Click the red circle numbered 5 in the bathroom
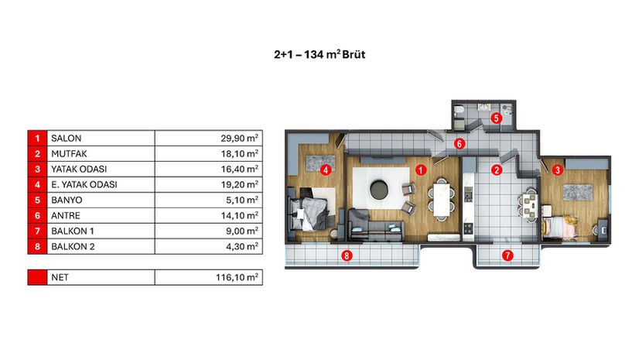click(x=496, y=118)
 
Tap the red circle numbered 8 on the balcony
click(x=347, y=255)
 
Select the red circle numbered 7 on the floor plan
click(x=507, y=255)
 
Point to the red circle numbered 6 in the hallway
click(x=460, y=143)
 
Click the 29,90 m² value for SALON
click(x=239, y=139)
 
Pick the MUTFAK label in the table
click(x=69, y=154)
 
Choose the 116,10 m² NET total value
click(x=237, y=277)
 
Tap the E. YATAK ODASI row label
click(x=84, y=185)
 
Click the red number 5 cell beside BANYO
click(x=37, y=201)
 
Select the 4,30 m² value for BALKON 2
click(x=242, y=247)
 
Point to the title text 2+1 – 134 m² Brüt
click(x=319, y=55)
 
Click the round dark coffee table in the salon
click(x=380, y=189)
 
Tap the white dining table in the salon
click(x=442, y=200)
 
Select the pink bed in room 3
click(x=560, y=227)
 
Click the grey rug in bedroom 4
click(x=321, y=163)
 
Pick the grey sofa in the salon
click(x=376, y=225)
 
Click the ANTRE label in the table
click(x=66, y=216)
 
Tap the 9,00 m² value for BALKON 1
click(x=242, y=231)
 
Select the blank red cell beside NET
click(x=37, y=277)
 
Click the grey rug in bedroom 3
click(x=578, y=192)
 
